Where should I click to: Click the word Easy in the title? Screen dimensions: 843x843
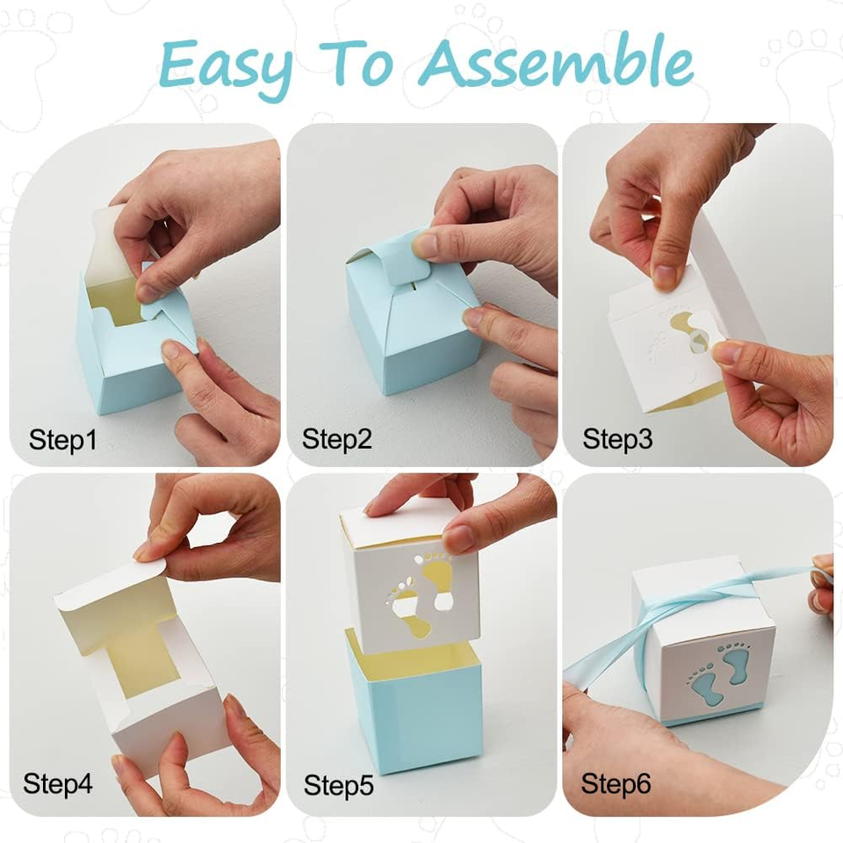coord(227,63)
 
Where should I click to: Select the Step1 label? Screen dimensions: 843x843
coord(62,439)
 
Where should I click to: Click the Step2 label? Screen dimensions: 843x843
coord(337,439)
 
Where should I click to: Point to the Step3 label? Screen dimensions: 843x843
coord(617,439)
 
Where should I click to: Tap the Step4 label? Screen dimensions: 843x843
coord(58,782)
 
